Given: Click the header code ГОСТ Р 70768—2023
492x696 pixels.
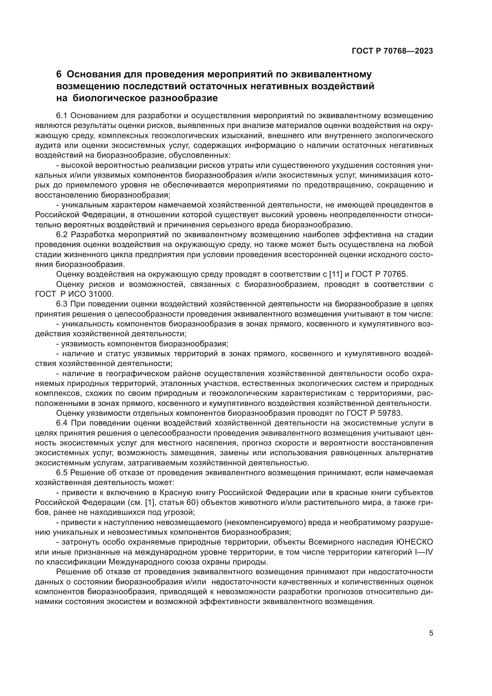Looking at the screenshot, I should [392, 51].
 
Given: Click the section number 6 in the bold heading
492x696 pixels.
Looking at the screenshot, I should [59, 74].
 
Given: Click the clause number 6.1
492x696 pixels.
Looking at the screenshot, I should [63, 115].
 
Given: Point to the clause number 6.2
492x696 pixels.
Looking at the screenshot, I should [63, 234].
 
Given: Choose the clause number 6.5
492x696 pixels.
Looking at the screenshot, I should [63, 473].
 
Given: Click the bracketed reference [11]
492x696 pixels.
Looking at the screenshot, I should [336, 274].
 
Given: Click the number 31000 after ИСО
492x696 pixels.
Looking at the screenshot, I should [101, 294].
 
